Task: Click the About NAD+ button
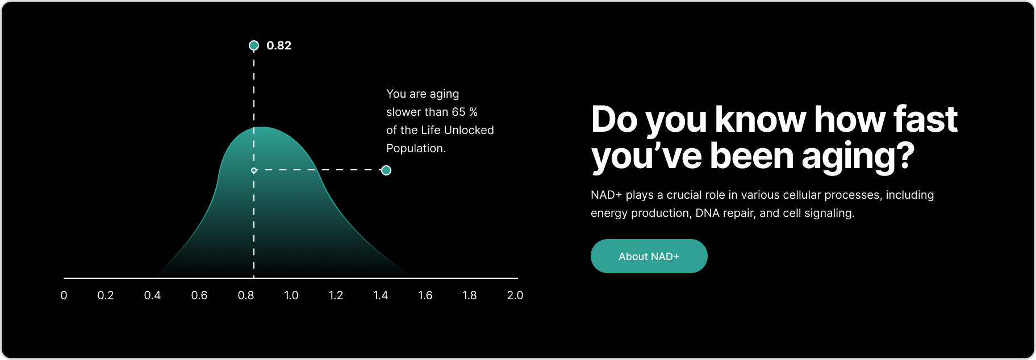(x=649, y=256)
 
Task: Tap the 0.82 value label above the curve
(x=279, y=45)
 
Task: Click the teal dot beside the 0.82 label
(x=254, y=45)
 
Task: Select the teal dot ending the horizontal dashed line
(x=386, y=170)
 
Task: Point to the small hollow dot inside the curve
(x=254, y=170)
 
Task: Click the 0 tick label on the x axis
(x=64, y=295)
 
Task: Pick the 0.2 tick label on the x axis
(x=106, y=295)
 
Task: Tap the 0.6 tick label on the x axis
(x=199, y=295)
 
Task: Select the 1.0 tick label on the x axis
(x=291, y=295)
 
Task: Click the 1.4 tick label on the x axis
(x=381, y=295)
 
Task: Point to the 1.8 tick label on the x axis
(x=470, y=295)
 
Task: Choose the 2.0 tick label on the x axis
(x=515, y=295)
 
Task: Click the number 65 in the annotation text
(x=459, y=112)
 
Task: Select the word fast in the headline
(x=926, y=119)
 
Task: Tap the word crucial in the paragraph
(x=684, y=195)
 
